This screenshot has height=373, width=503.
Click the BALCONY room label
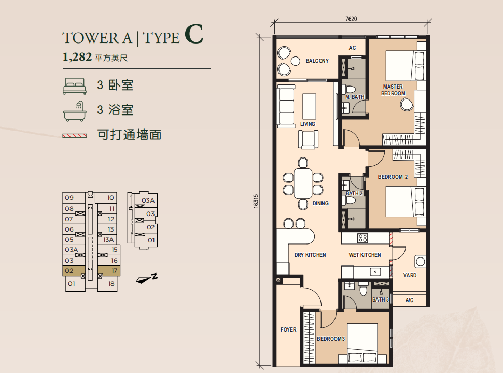pyautogui.click(x=317, y=61)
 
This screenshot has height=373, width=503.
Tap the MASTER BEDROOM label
pyautogui.click(x=393, y=90)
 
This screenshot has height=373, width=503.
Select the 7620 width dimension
pyautogui.click(x=351, y=19)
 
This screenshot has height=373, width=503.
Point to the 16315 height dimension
pyautogui.click(x=256, y=201)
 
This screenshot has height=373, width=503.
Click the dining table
pyautogui.click(x=303, y=183)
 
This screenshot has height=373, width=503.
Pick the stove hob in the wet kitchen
pyautogui.click(x=363, y=238)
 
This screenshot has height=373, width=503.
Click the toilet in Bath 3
pyautogui.click(x=364, y=288)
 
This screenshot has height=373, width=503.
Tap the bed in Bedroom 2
pyautogui.click(x=406, y=202)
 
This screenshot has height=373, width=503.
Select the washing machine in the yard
pyautogui.click(x=420, y=262)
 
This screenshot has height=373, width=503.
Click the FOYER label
pyautogui.click(x=288, y=329)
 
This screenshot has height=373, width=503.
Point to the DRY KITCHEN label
pyautogui.click(x=310, y=255)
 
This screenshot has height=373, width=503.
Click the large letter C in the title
pyautogui.click(x=194, y=34)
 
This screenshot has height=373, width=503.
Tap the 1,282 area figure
pyautogui.click(x=77, y=57)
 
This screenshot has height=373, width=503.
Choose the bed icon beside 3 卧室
pyautogui.click(x=75, y=86)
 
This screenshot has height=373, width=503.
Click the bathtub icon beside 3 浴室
pyautogui.click(x=75, y=111)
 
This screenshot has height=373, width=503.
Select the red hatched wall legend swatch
pyautogui.click(x=75, y=136)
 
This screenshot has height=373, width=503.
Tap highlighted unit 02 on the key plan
pyautogui.click(x=74, y=271)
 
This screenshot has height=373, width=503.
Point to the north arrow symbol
pyautogui.click(x=147, y=279)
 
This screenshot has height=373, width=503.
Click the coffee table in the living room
pyautogui.click(x=309, y=106)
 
